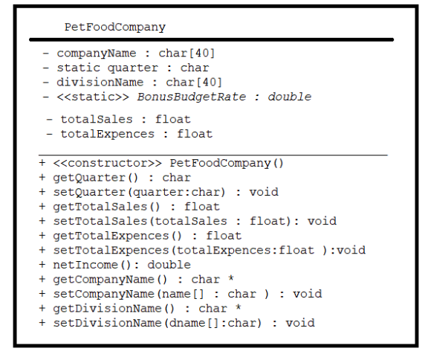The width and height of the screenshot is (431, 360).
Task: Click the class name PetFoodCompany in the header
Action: click(115, 28)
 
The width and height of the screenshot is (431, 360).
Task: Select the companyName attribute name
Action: click(97, 54)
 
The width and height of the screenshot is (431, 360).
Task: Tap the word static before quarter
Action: click(79, 68)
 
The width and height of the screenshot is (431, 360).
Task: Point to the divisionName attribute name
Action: click(100, 83)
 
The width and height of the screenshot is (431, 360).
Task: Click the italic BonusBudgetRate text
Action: click(192, 97)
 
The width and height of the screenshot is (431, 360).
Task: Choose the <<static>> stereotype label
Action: click(93, 97)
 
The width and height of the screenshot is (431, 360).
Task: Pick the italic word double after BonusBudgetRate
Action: click(290, 97)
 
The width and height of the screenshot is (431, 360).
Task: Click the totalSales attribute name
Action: click(97, 120)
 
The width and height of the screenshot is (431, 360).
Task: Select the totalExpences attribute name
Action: click(108, 134)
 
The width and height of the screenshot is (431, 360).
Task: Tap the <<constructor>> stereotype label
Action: click(108, 163)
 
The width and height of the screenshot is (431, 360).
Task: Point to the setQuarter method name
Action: click(89, 192)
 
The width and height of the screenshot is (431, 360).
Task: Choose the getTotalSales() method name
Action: click(106, 207)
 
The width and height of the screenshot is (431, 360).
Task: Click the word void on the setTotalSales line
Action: click(322, 221)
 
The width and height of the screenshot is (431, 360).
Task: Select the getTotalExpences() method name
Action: click(117, 236)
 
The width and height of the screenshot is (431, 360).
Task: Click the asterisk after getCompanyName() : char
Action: click(231, 278)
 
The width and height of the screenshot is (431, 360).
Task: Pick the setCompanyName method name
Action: click(103, 294)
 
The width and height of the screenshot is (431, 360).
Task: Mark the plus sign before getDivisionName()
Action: click(42, 308)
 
